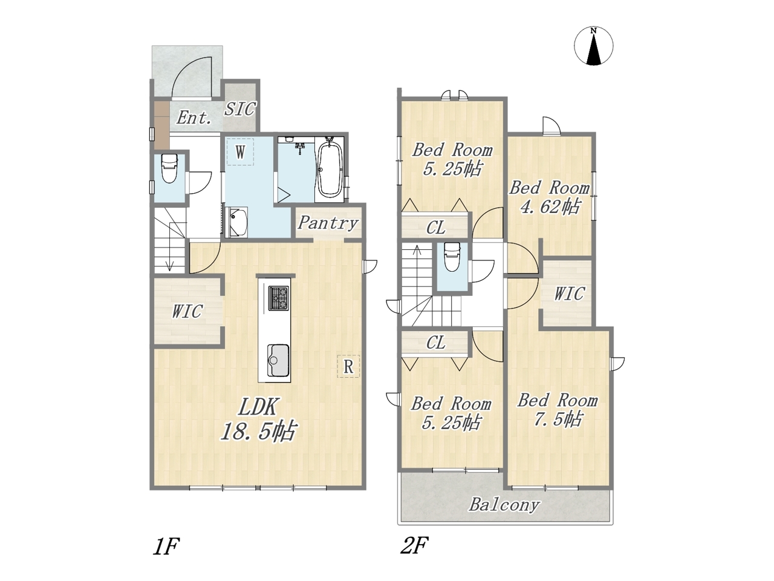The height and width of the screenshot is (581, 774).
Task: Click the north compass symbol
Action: point(593,46)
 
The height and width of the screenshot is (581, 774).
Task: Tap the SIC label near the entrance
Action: point(240,109)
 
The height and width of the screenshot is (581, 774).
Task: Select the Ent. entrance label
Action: point(193,117)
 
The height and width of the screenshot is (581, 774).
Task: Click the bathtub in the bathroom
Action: point(330,170)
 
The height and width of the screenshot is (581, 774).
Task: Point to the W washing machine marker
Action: point(240,152)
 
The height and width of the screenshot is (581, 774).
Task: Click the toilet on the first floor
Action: point(169,168)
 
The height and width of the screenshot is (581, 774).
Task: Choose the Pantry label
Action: point(328,223)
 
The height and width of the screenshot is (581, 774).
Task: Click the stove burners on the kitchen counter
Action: point(279,298)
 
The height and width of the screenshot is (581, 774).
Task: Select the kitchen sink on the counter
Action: point(278,360)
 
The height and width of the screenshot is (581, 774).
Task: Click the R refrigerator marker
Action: point(348,367)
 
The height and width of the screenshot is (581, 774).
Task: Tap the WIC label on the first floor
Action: point(187,311)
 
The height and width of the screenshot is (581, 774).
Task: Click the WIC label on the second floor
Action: point(569,294)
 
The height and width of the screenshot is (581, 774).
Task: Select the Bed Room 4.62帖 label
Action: point(550,197)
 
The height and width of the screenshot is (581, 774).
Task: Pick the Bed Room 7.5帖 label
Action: point(558,410)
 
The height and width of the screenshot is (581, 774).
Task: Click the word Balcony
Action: point(504,505)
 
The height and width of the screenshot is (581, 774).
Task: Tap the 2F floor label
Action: point(414,545)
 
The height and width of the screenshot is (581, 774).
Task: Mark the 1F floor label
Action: point(166,547)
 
